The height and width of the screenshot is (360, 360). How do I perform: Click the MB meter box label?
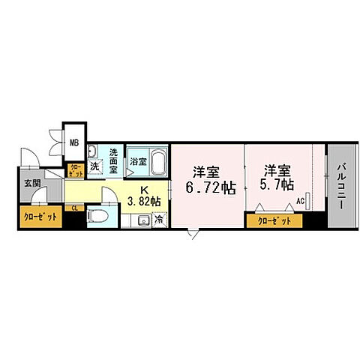75,140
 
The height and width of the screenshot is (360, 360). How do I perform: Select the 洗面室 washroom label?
114,160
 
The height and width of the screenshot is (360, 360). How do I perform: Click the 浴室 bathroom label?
137,161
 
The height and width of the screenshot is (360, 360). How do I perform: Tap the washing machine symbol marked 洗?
95,166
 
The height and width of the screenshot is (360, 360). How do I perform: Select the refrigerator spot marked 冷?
158,220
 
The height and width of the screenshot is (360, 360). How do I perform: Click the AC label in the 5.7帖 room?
300,201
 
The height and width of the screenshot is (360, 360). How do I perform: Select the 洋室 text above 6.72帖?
205,169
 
